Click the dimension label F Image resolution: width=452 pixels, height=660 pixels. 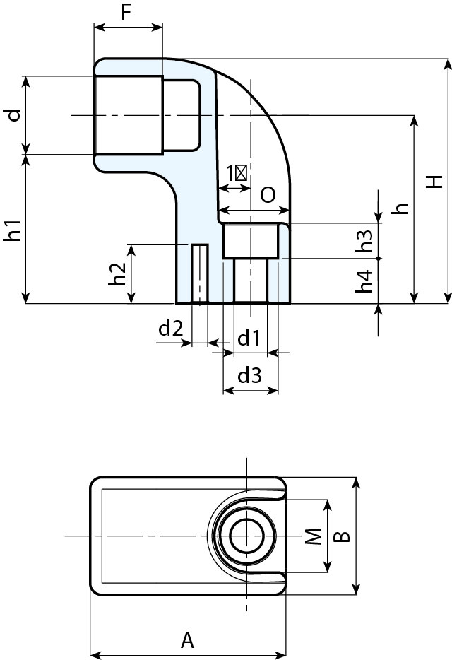coord(128,12)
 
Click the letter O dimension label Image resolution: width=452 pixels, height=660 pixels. coord(268,196)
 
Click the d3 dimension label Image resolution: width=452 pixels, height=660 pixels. coord(249,376)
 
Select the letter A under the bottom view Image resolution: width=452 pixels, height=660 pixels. coord(187,640)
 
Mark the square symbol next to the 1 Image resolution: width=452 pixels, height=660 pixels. coord(242,172)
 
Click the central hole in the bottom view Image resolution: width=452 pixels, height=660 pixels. coord(246,536)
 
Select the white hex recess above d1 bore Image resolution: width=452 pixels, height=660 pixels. coord(250,241)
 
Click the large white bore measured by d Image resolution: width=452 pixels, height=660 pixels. coord(128,115)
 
